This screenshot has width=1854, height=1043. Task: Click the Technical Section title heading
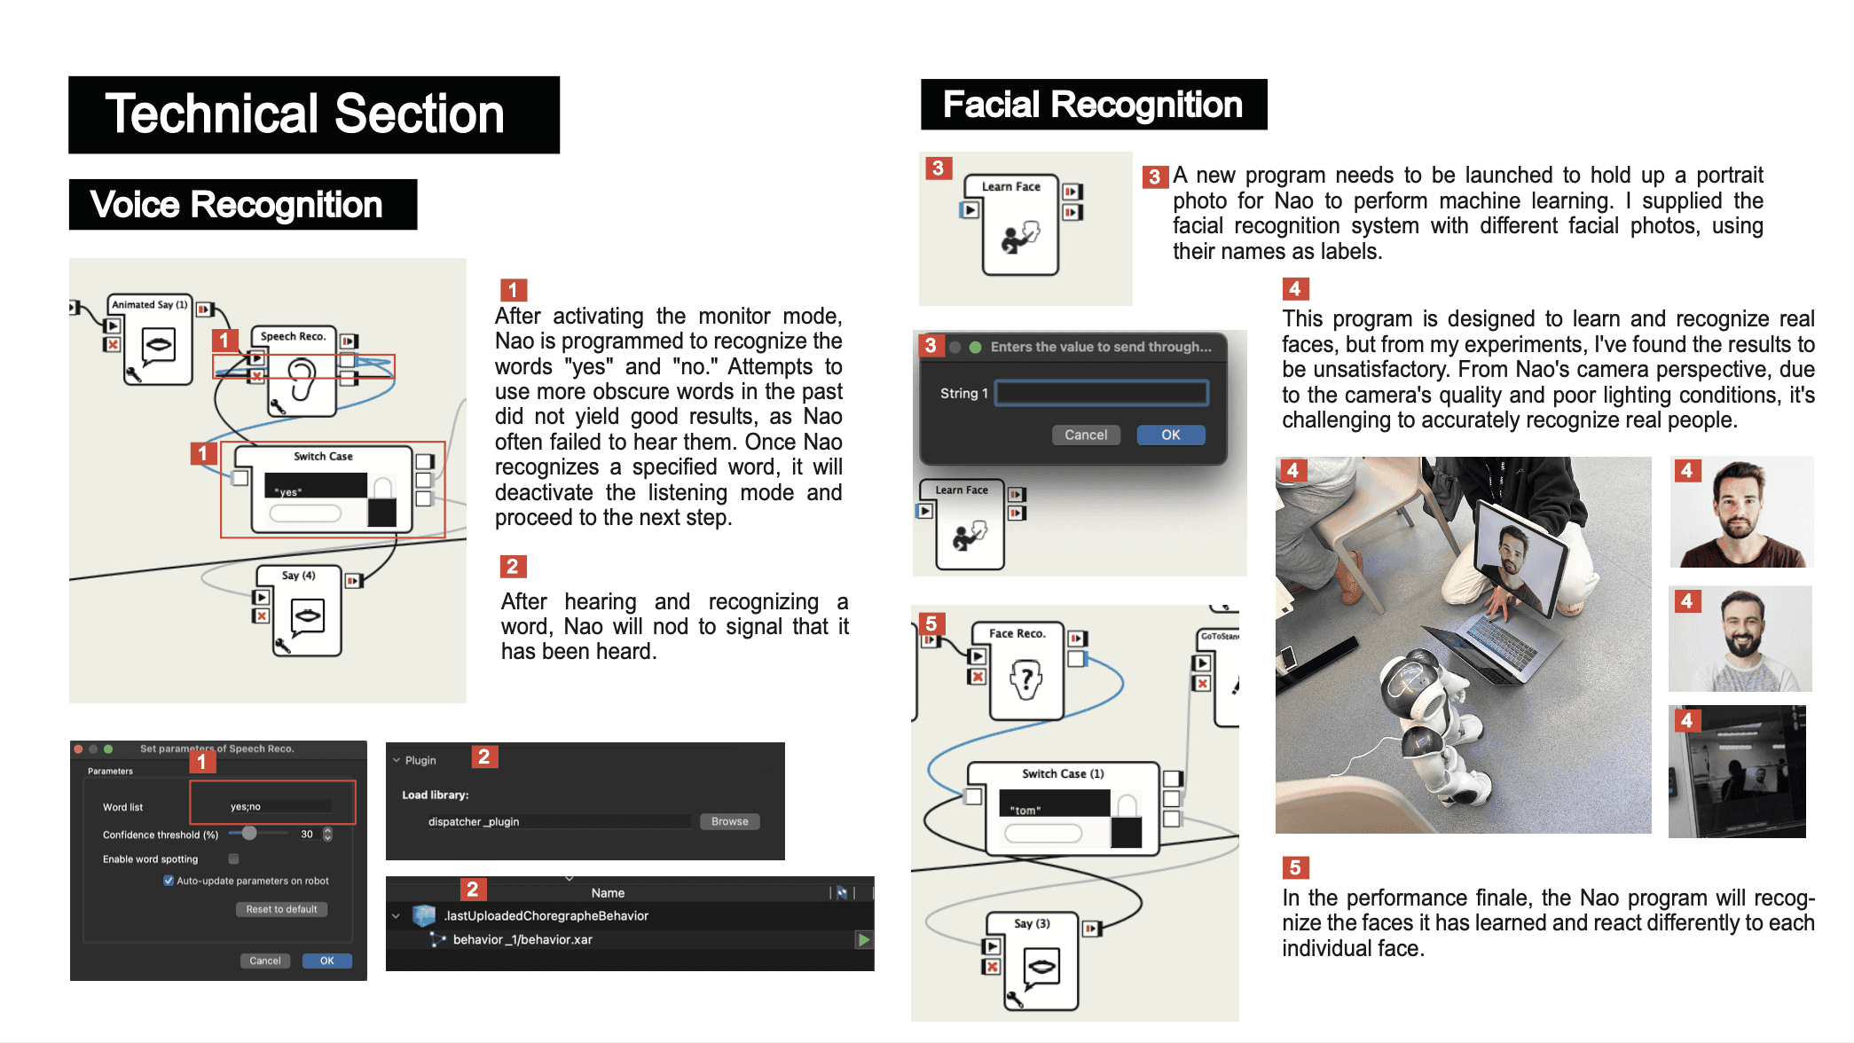[304, 114]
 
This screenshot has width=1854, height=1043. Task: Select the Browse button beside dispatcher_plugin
[729, 821]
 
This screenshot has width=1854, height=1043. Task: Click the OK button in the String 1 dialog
[1170, 435]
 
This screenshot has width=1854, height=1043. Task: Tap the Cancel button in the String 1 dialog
[1085, 435]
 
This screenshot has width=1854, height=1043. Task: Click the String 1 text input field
[1101, 393]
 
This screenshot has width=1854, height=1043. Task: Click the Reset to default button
[281, 909]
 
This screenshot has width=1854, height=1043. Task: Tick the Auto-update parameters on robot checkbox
[169, 881]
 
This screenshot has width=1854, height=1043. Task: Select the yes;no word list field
[279, 806]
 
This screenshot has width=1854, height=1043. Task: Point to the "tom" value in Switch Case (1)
[1026, 810]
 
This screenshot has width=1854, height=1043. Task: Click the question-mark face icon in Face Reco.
[1026, 679]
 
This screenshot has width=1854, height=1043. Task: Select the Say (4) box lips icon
[308, 615]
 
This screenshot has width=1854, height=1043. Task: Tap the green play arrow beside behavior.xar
[863, 939]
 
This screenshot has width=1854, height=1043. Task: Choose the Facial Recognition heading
[1093, 105]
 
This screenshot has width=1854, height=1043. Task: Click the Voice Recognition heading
[237, 205]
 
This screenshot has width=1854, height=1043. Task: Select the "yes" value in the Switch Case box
[289, 491]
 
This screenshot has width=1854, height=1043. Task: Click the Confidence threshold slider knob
[249, 833]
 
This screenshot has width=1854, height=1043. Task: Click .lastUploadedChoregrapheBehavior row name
[546, 915]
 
